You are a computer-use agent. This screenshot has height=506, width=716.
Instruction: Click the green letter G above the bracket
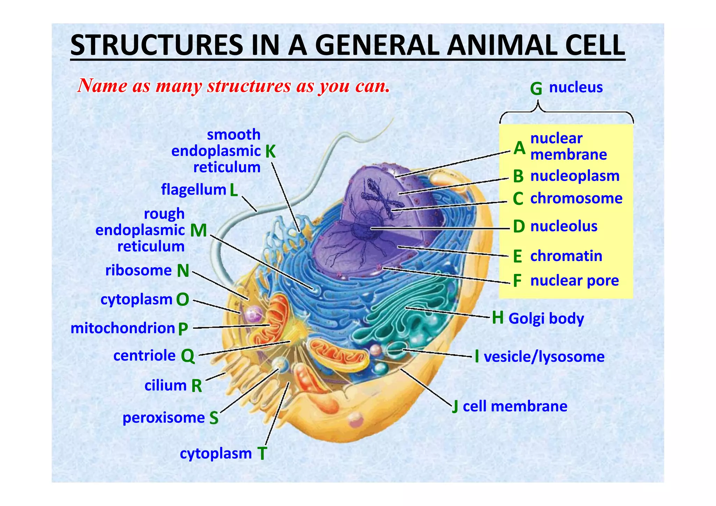pyautogui.click(x=536, y=89)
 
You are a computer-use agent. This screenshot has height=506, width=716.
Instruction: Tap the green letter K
pyautogui.click(x=270, y=152)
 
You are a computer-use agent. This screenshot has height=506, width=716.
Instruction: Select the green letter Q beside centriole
pyautogui.click(x=188, y=356)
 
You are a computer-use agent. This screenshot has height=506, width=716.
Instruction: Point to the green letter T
pyautogui.click(x=262, y=454)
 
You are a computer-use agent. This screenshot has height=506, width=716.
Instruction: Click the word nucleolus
pyautogui.click(x=564, y=226)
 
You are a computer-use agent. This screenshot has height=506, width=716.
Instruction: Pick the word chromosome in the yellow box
pyautogui.click(x=576, y=198)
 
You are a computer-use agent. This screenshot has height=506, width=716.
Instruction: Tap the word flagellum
pyautogui.click(x=193, y=190)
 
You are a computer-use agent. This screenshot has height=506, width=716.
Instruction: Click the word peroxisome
pyautogui.click(x=164, y=418)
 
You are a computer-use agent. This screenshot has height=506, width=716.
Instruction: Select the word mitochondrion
pyautogui.click(x=123, y=328)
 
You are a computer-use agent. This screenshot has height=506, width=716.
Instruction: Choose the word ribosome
pyautogui.click(x=138, y=270)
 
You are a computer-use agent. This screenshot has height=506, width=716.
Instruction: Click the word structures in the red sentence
pyautogui.click(x=249, y=86)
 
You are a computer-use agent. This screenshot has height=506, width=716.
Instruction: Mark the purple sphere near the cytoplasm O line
pyautogui.click(x=253, y=314)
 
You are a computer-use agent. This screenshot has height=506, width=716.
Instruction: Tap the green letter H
pyautogui.click(x=497, y=318)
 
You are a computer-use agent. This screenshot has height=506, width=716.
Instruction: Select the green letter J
pyautogui.click(x=455, y=407)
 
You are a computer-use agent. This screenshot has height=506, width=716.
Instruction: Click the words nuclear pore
pyautogui.click(x=574, y=281)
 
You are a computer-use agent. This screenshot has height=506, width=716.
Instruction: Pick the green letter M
pyautogui.click(x=199, y=231)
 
